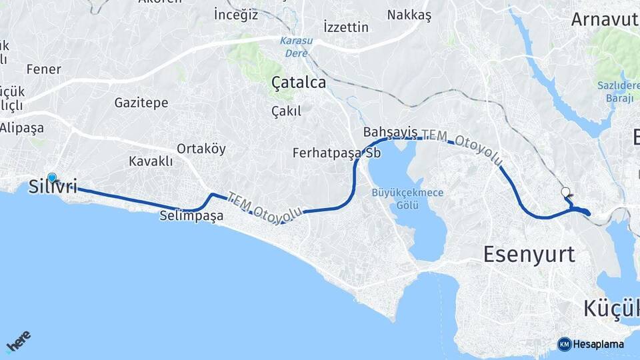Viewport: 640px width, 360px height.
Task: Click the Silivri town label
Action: [x=53, y=187]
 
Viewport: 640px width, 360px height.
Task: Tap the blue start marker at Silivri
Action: [x=52, y=177]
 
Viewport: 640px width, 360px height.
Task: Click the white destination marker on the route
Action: [x=566, y=192]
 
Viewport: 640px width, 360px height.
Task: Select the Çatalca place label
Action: [x=299, y=83]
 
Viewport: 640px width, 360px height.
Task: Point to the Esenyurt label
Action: [x=529, y=254]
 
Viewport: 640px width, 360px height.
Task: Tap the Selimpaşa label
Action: [x=191, y=216]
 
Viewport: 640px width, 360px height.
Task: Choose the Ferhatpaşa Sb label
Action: [x=337, y=153]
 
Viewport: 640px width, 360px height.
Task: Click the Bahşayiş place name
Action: [x=390, y=131]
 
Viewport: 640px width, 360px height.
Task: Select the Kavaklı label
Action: [x=151, y=161]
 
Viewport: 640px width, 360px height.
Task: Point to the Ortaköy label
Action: [x=201, y=149]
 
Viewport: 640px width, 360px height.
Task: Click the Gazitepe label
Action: [x=141, y=103]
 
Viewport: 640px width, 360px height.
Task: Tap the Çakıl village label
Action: [x=287, y=111]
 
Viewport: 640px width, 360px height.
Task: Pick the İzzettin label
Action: [x=346, y=27]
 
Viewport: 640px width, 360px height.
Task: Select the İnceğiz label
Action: [x=236, y=14]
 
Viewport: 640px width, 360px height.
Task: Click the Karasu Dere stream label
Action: [x=295, y=46]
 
